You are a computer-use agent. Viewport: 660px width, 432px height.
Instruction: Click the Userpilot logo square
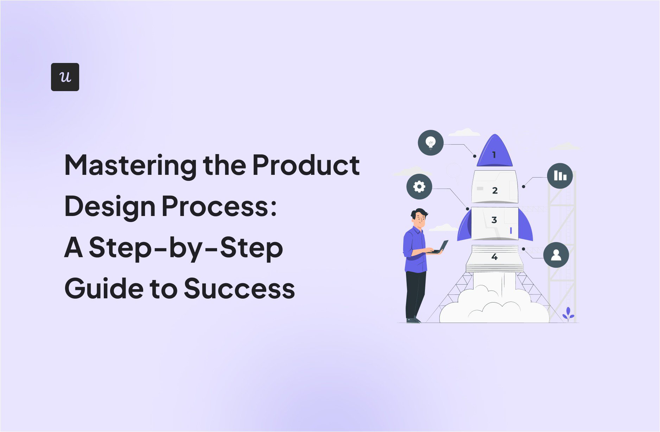[x=65, y=77]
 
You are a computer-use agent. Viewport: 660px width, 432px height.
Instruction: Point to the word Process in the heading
[x=216, y=206]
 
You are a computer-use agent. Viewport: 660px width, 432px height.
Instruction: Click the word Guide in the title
[x=103, y=288]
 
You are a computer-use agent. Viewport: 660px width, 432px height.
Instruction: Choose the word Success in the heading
[x=239, y=288]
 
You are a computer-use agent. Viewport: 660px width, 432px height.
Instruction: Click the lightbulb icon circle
[x=430, y=143]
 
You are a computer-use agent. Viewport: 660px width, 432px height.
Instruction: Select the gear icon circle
[x=419, y=186]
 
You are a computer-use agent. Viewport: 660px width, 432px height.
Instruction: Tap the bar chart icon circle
[x=560, y=176]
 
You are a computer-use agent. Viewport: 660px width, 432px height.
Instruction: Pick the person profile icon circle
[x=556, y=255]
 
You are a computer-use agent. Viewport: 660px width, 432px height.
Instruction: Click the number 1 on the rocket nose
[x=494, y=155]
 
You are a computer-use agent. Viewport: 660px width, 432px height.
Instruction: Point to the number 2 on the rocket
[x=495, y=190]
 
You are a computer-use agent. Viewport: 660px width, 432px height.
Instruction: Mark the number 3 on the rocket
[x=494, y=220]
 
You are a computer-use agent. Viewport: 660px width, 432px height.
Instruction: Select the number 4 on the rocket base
[x=494, y=257]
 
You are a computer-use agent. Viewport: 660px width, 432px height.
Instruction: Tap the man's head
[x=419, y=218]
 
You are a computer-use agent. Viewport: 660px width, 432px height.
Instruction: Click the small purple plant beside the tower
[x=568, y=314]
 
